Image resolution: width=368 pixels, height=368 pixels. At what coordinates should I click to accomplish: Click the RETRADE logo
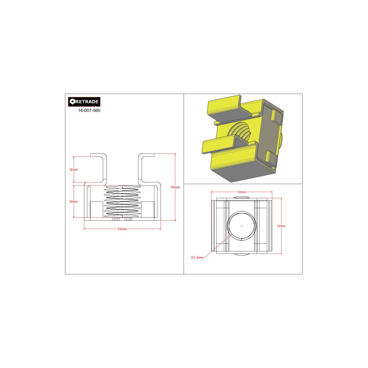(x=84, y=102)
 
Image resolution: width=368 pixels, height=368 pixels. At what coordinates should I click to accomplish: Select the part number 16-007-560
(x=89, y=110)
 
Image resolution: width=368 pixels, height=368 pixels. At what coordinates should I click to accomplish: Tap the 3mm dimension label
(x=74, y=169)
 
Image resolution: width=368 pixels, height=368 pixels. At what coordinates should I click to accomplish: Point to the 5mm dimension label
(x=74, y=201)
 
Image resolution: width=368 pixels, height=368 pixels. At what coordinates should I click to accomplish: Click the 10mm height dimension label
(x=175, y=187)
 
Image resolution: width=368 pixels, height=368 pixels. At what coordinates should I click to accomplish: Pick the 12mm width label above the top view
(x=241, y=192)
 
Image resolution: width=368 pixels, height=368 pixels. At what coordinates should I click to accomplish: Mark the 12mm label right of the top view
(x=281, y=225)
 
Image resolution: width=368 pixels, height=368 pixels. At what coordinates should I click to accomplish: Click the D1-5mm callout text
(x=197, y=258)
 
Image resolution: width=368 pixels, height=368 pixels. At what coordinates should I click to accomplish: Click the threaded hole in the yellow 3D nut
(x=243, y=134)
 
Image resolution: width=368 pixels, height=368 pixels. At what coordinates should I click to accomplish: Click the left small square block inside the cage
(x=96, y=209)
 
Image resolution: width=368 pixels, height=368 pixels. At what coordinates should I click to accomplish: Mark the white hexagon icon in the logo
(x=72, y=102)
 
